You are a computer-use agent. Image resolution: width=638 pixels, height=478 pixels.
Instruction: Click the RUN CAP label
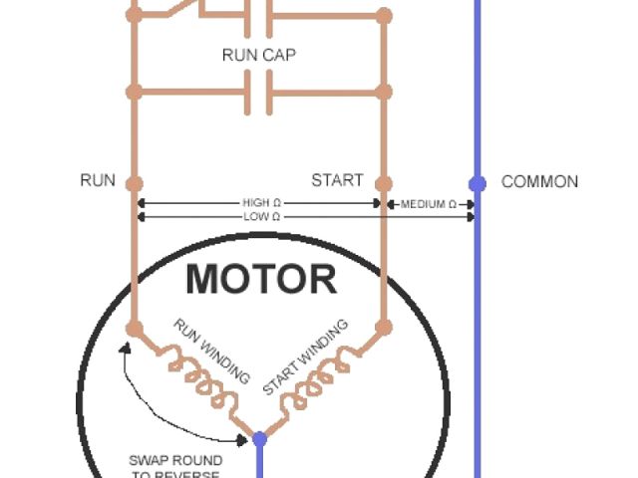point(258,55)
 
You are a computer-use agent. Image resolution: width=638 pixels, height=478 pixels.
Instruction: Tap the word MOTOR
point(261,280)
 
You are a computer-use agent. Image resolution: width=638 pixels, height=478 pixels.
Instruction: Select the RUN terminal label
point(98,181)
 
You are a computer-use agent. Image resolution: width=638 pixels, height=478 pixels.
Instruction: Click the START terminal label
point(337,181)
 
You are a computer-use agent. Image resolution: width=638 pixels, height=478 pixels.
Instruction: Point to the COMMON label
point(539,182)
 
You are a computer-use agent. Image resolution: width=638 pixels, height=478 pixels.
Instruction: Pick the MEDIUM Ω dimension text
point(429,204)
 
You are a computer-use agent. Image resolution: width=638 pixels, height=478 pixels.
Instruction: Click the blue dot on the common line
point(478,183)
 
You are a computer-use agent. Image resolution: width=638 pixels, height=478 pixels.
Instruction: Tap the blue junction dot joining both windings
point(259,438)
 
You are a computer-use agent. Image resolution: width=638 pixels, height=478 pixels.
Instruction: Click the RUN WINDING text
point(211,350)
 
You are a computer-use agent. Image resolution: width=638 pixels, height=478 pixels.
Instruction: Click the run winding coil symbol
point(199,378)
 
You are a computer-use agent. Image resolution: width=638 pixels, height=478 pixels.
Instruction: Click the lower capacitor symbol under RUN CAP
point(258,94)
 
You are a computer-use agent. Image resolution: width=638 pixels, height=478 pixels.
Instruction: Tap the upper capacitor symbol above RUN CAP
point(258,16)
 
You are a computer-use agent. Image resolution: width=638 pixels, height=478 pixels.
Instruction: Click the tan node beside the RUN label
point(135,183)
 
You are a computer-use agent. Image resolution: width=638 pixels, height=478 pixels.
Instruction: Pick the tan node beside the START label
point(384,183)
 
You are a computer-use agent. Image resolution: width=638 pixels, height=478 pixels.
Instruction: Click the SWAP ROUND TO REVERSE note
point(175,467)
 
